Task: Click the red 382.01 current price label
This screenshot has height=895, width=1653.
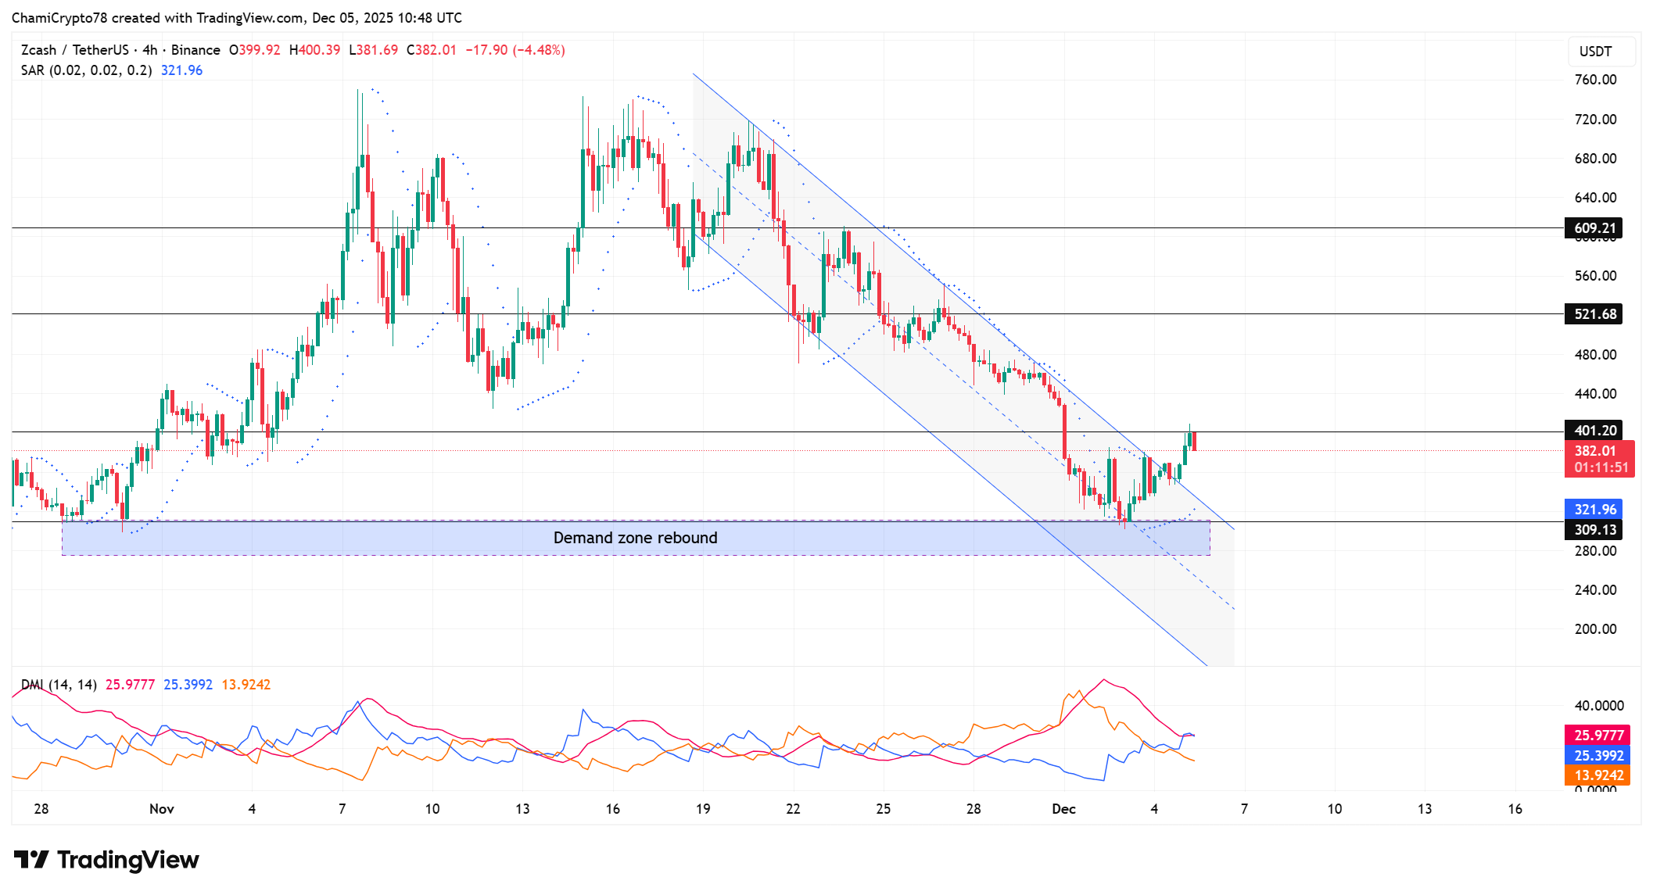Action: point(1595,451)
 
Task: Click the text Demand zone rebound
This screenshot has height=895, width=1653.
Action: point(635,538)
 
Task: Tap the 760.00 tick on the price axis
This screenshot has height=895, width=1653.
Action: point(1595,80)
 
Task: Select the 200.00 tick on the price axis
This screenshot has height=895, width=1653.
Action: point(1595,629)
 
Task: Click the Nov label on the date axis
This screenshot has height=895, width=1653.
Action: point(161,809)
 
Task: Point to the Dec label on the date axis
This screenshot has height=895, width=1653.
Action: point(1063,809)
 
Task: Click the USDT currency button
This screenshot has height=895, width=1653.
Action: point(1595,52)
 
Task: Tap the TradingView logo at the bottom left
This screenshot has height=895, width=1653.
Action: point(106,860)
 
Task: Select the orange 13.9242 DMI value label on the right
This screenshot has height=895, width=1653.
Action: point(1598,775)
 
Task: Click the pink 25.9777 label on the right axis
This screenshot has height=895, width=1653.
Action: point(1598,736)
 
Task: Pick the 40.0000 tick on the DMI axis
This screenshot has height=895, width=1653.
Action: point(1598,706)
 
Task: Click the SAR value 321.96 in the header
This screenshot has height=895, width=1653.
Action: point(181,70)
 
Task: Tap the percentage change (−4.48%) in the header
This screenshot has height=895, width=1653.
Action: point(538,50)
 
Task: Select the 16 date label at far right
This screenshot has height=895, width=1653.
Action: point(1515,809)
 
